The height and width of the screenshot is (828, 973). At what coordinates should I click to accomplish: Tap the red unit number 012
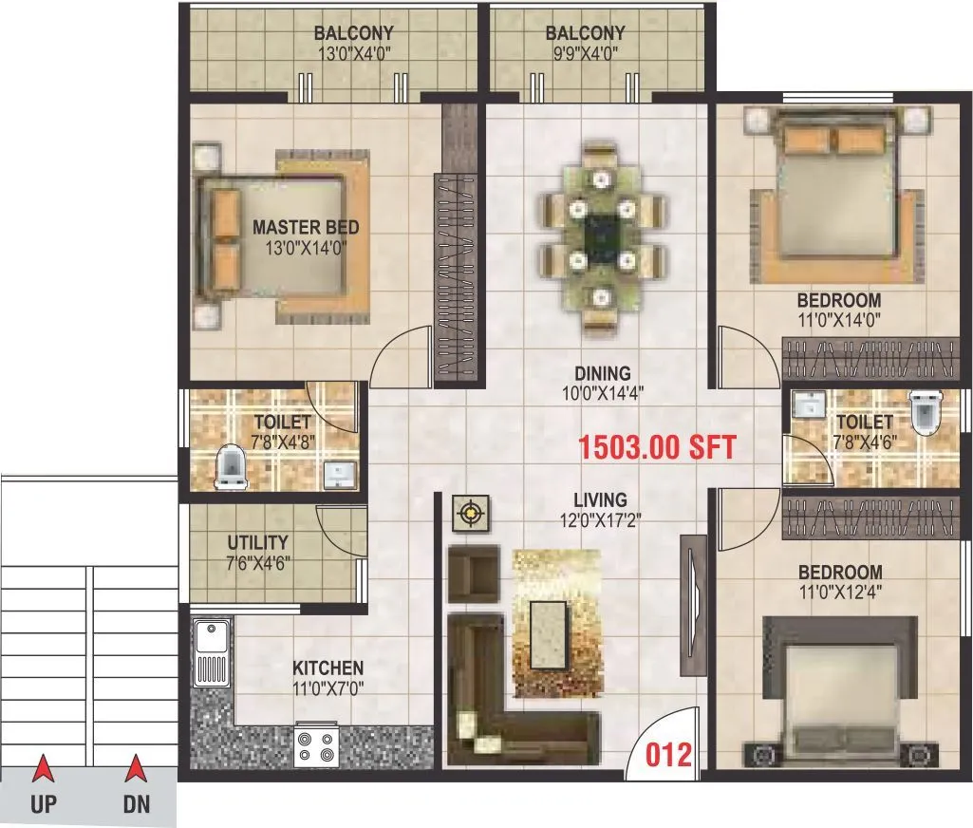(669, 754)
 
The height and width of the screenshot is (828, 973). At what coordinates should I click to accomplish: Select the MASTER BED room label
(306, 227)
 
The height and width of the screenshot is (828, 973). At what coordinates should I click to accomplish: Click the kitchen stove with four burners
(317, 744)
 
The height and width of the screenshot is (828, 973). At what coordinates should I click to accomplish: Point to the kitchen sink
(210, 652)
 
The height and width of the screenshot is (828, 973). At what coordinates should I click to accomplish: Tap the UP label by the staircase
(44, 805)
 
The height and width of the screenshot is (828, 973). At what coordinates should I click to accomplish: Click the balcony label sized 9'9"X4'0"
(585, 34)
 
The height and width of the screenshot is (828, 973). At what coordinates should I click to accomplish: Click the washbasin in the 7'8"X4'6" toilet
(809, 405)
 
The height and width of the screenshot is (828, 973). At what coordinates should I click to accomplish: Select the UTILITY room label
(258, 543)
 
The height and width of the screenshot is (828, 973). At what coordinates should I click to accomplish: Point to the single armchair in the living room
(472, 573)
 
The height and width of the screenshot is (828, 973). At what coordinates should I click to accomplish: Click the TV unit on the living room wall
(693, 604)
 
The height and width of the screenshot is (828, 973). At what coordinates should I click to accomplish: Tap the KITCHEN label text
(327, 668)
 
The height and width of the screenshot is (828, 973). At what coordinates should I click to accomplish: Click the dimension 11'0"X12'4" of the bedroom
(840, 592)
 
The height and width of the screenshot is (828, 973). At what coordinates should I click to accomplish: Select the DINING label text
(602, 373)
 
